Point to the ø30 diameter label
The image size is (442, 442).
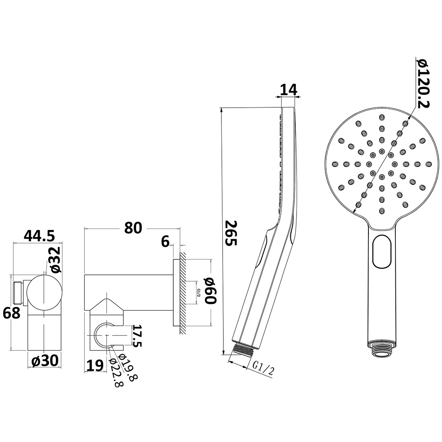[x=45, y=361]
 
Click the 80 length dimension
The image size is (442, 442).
[x=133, y=227]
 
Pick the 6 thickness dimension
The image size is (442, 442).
[x=165, y=241]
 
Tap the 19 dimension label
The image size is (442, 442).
[x=94, y=365]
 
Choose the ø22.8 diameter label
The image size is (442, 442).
[x=117, y=372]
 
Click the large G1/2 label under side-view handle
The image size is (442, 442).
[x=264, y=366]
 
